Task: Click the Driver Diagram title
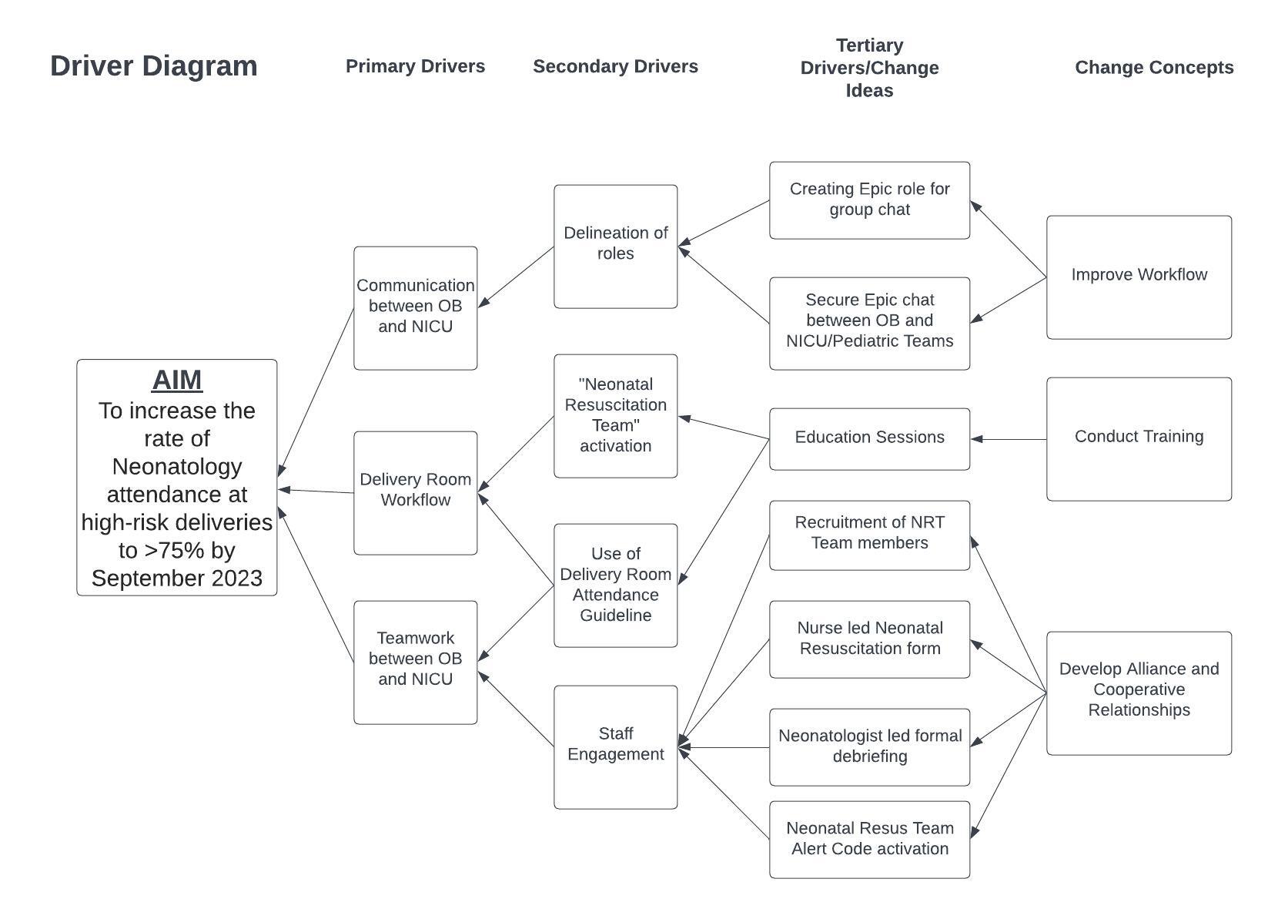pyautogui.click(x=154, y=66)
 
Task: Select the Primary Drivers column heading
pyautogui.click(x=416, y=66)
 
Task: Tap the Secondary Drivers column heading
pyautogui.click(x=616, y=66)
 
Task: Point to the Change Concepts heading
pyautogui.click(x=1154, y=67)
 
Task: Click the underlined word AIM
pyautogui.click(x=177, y=381)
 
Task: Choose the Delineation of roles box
pyautogui.click(x=616, y=247)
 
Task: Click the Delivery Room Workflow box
pyautogui.click(x=416, y=493)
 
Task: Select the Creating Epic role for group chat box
pyautogui.click(x=869, y=200)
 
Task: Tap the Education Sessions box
pyautogui.click(x=869, y=439)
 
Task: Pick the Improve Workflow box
pyautogui.click(x=1139, y=277)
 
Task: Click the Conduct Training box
pyautogui.click(x=1139, y=439)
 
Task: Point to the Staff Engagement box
pyautogui.click(x=616, y=747)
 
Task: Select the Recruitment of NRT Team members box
pyautogui.click(x=869, y=535)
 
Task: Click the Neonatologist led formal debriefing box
pyautogui.click(x=869, y=747)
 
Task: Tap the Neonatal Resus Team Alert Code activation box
pyautogui.click(x=869, y=840)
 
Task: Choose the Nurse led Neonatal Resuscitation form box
pyautogui.click(x=869, y=639)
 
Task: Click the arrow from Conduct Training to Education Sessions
pyautogui.click(x=1009, y=439)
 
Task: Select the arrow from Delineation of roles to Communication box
pyautogui.click(x=516, y=277)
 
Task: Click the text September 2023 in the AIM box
pyautogui.click(x=177, y=579)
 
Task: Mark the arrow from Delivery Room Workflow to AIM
pyautogui.click(x=316, y=491)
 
